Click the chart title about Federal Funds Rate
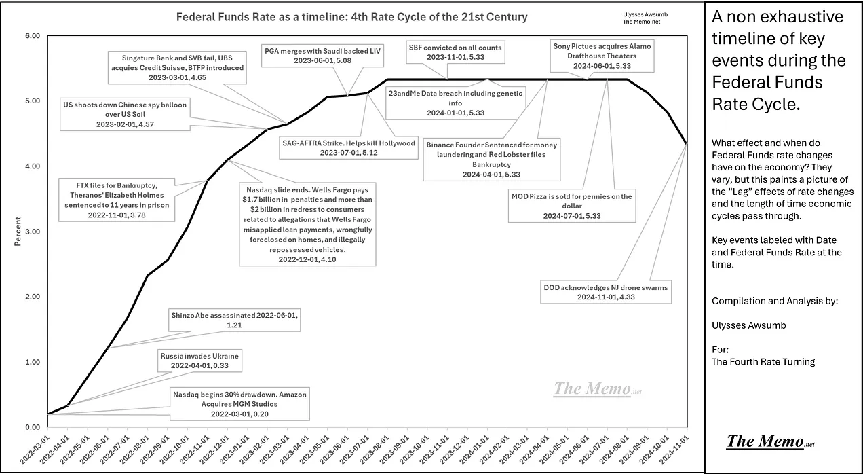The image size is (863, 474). point(351,16)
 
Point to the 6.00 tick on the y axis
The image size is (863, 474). point(32,36)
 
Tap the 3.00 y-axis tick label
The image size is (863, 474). point(32,232)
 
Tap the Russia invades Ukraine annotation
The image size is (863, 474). point(199,361)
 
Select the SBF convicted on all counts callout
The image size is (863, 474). point(455,52)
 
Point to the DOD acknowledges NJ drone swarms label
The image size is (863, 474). point(605,292)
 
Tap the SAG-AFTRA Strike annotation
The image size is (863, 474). point(348,147)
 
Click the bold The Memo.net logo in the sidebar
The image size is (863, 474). point(769,441)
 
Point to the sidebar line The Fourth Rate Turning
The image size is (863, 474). point(763,361)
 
